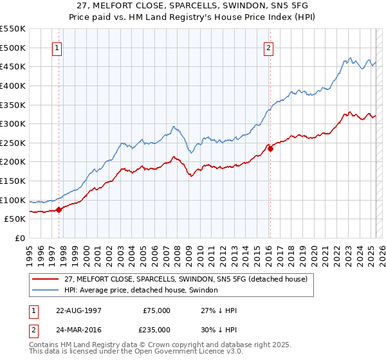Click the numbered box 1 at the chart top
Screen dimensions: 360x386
click(x=57, y=47)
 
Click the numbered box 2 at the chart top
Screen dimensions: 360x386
click(x=268, y=47)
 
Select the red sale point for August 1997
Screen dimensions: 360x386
click(x=59, y=209)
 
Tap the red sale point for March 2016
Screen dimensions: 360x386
click(x=270, y=148)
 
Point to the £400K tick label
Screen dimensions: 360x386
click(x=13, y=85)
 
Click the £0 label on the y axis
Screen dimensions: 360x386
click(x=21, y=238)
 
